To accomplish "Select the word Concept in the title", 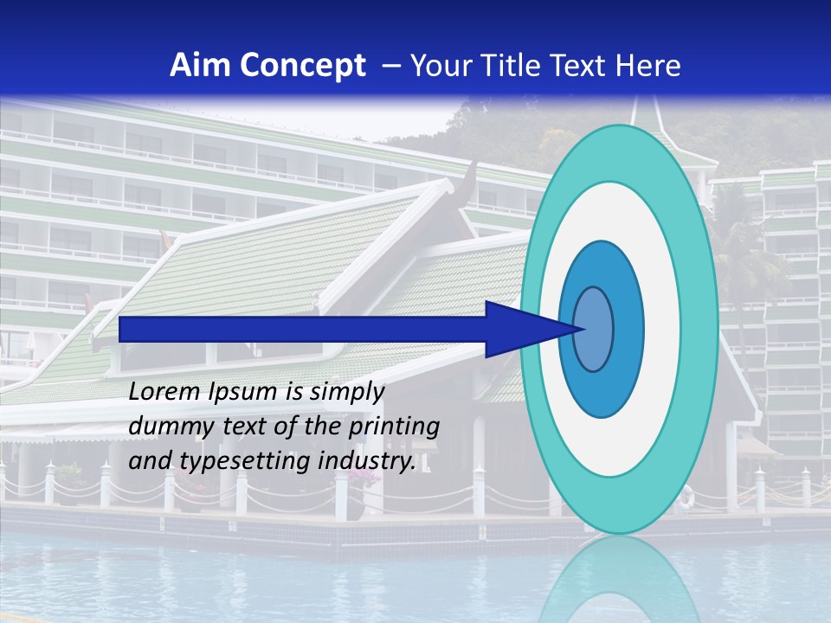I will click(x=302, y=65).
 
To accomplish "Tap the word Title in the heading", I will click(x=519, y=65).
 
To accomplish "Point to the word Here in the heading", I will click(x=648, y=65).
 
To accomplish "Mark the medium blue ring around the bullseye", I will click(x=630, y=329).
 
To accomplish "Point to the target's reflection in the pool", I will click(x=618, y=580).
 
